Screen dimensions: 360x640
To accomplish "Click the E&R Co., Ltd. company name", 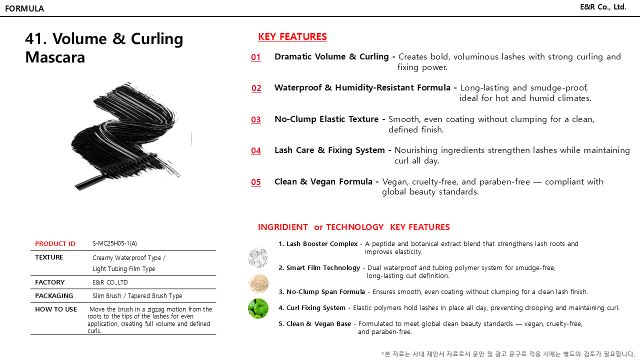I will point(603,7).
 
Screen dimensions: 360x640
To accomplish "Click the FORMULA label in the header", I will point(24,8).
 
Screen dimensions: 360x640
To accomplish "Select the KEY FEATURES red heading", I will point(292,36).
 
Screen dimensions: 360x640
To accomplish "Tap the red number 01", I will point(256,57).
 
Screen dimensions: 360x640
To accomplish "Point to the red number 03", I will point(256,119).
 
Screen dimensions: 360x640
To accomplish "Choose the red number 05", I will point(256,182).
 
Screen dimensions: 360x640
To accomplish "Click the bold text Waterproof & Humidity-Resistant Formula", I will point(362,88).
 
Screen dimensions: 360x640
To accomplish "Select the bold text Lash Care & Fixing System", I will point(329,150).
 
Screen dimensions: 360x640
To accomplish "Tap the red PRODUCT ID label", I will point(55,244).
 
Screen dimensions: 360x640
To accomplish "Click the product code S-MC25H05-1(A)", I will point(114,243).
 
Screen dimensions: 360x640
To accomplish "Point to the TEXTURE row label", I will point(49,257).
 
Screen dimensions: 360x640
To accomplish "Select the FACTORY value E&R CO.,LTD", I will point(110,282).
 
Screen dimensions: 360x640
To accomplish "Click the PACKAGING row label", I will point(54,296).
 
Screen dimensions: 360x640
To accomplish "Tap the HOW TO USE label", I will point(56,309).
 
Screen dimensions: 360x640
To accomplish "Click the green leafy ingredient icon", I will point(258,308).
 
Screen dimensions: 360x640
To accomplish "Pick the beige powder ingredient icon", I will point(258,283).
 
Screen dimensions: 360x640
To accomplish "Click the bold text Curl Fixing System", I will point(316,308).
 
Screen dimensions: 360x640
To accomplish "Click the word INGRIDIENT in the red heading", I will point(283,227).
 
